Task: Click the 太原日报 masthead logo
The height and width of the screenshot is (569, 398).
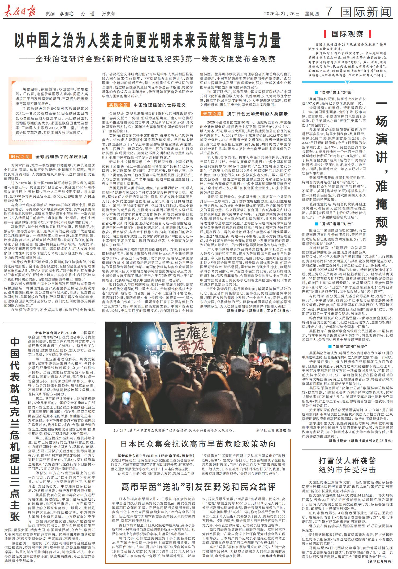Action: click(x=21, y=12)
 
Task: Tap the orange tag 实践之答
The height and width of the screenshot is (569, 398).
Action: click(x=118, y=105)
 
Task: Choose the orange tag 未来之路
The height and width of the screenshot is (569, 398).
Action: click(x=212, y=114)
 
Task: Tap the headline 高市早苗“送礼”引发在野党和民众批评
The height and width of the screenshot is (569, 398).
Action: click(x=198, y=486)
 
